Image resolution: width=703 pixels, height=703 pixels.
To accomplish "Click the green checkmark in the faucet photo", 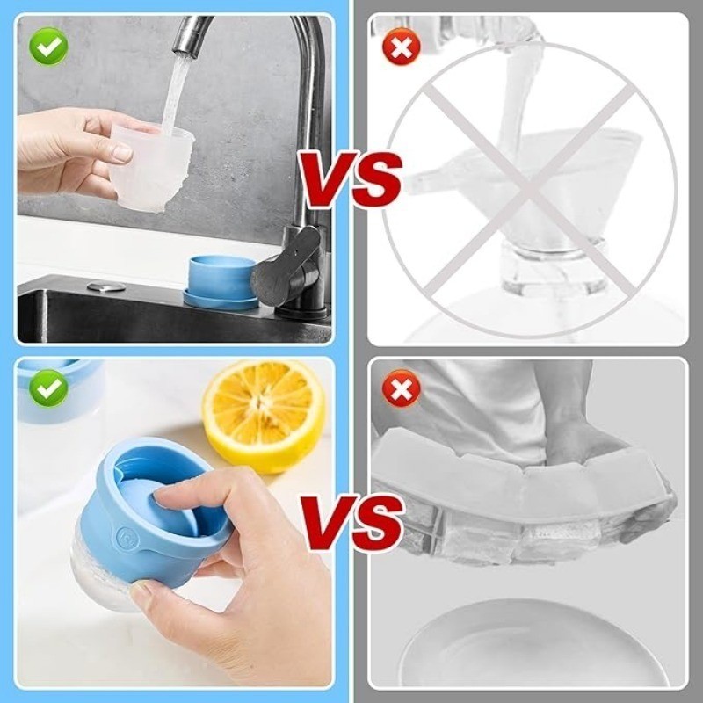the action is [x=48, y=47].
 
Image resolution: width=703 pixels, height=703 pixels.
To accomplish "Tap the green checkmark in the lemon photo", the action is [x=48, y=388].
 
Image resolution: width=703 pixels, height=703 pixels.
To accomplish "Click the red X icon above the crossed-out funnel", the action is [x=402, y=47].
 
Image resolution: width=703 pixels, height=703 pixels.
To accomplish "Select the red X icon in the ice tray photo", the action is [x=402, y=388].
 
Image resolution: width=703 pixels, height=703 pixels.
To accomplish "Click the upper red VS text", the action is [x=351, y=178].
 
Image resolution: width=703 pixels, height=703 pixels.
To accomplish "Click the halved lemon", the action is [x=264, y=416].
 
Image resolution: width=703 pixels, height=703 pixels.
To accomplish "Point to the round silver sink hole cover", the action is [x=106, y=286].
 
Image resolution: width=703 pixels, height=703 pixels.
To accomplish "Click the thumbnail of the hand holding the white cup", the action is [x=120, y=153].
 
